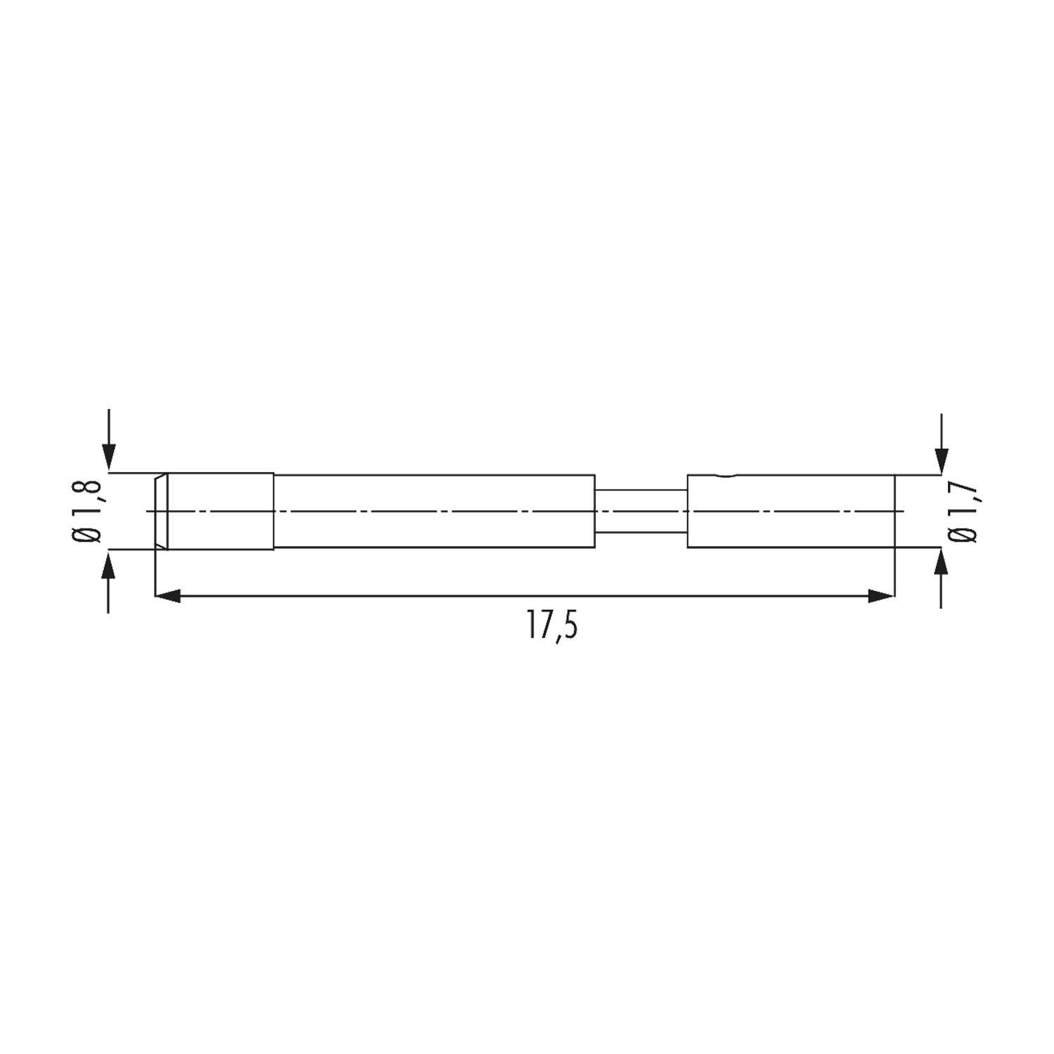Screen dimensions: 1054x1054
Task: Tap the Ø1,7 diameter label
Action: tap(963, 511)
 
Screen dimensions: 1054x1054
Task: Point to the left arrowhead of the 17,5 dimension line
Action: tap(168, 596)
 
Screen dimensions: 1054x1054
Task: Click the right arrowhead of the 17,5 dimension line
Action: tap(881, 596)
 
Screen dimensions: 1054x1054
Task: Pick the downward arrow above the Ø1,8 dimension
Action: tap(108, 439)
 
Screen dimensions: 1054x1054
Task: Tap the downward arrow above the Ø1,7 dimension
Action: tap(942, 443)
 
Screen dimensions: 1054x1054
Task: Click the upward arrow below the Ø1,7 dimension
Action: tap(942, 578)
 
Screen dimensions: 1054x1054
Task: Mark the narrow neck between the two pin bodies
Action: tap(641, 511)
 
